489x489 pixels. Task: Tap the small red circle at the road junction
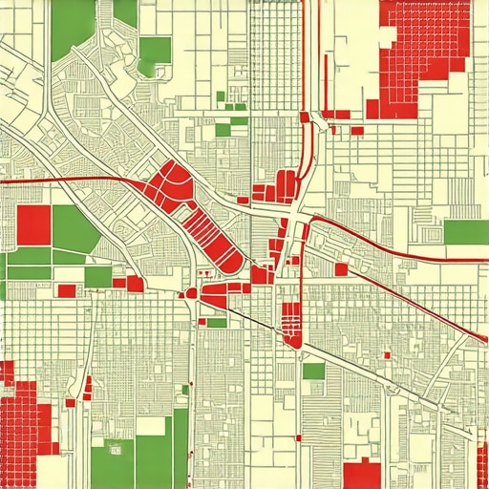click(x=191, y=294)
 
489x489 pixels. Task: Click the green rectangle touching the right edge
click(x=466, y=232)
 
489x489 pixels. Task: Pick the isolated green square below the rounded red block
click(x=313, y=371)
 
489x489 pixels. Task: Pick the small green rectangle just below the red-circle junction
click(x=217, y=323)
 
